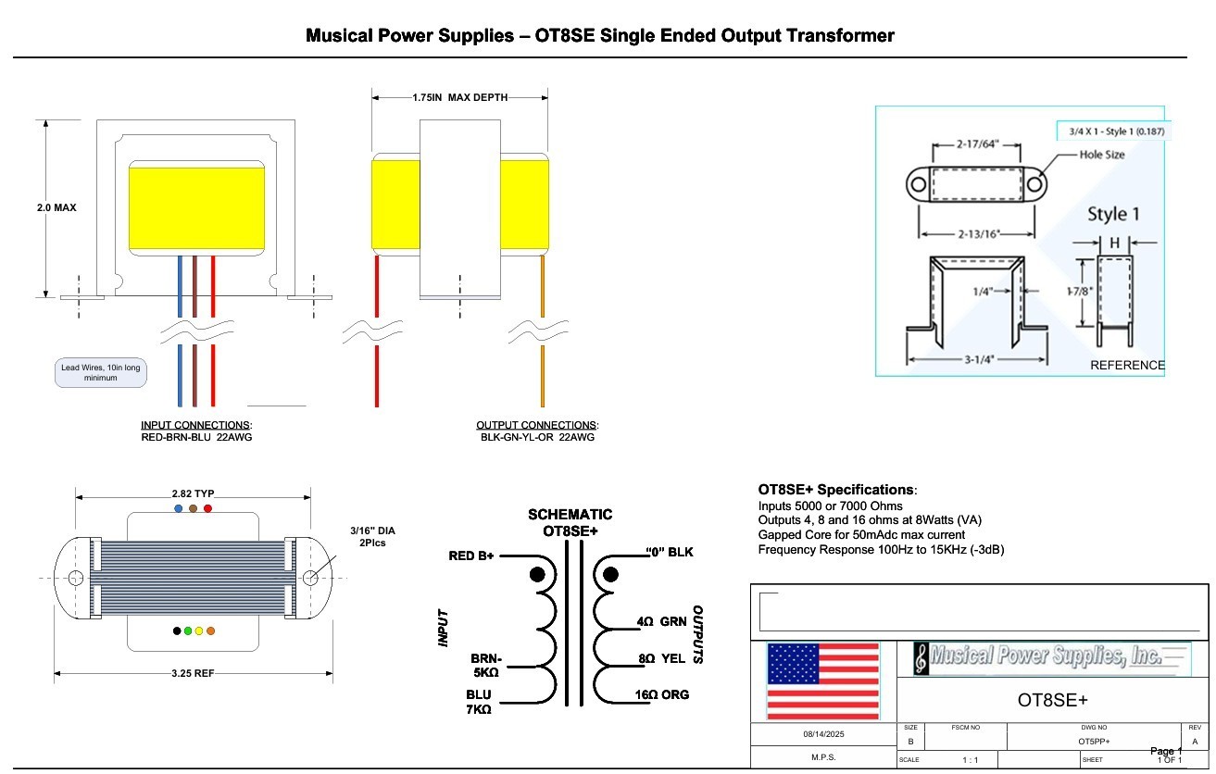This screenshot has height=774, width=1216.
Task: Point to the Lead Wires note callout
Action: (x=101, y=373)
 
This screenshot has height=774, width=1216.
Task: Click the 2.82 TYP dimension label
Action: (x=193, y=494)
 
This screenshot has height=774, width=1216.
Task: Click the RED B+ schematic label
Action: (x=471, y=556)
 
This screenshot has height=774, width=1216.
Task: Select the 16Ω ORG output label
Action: (x=662, y=694)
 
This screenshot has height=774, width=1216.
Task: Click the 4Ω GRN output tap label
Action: (x=661, y=622)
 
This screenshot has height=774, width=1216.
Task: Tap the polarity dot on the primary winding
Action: (x=537, y=575)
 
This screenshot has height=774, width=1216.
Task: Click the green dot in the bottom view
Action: (x=188, y=631)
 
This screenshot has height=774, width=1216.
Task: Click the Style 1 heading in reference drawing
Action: (x=1112, y=214)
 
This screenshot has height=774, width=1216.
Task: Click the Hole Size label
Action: (x=1102, y=155)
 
